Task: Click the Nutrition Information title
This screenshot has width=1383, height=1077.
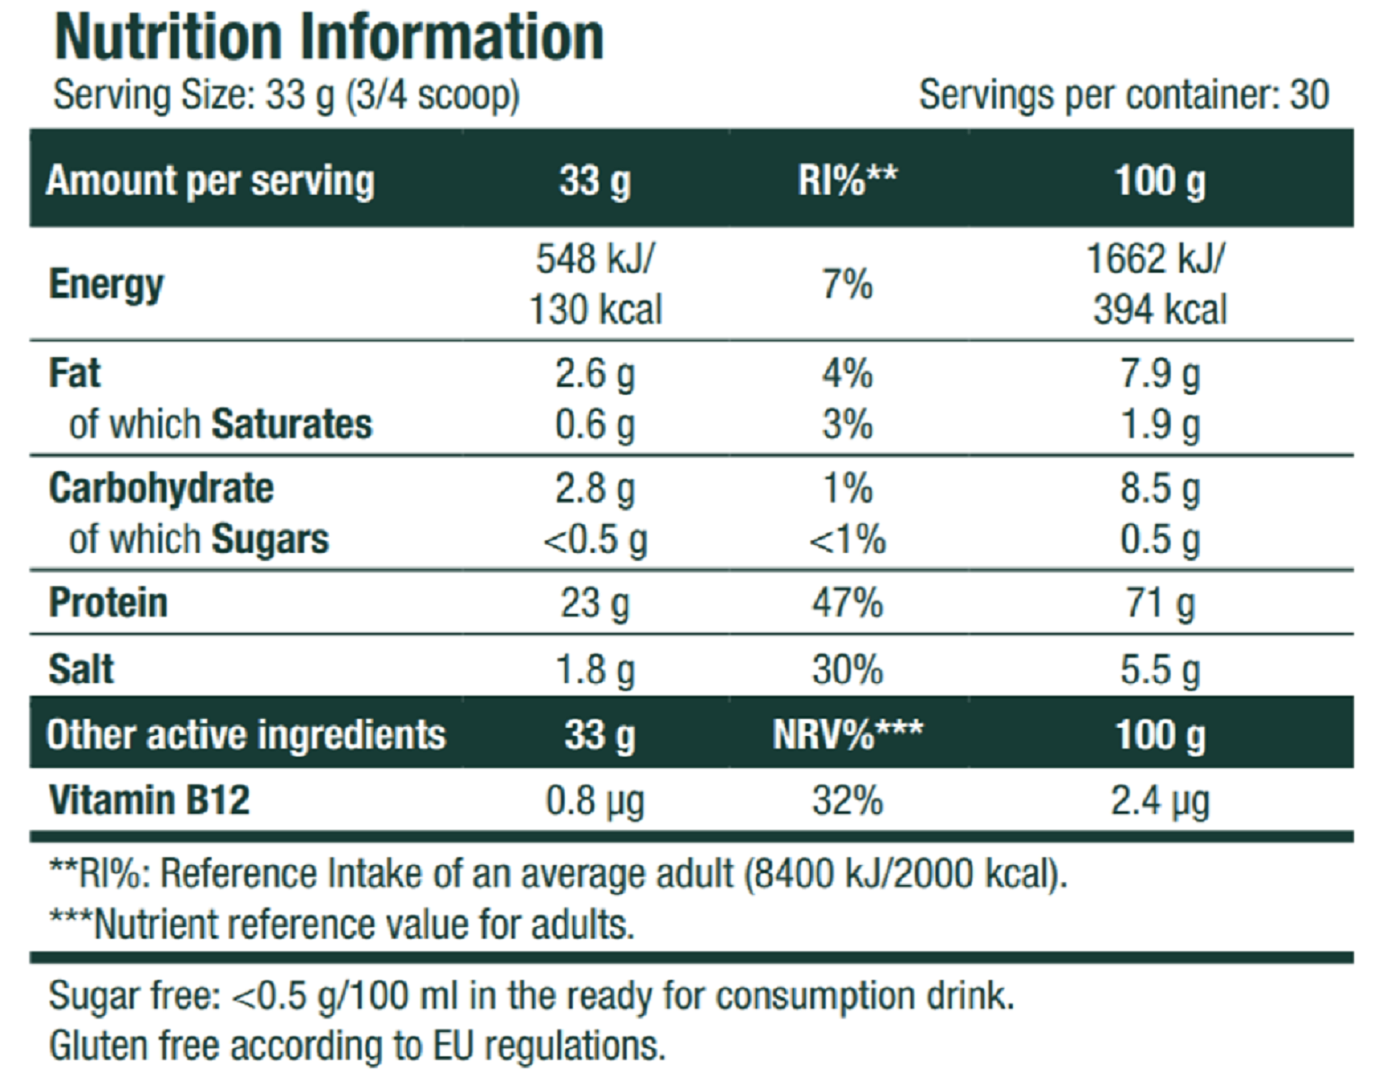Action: [x=329, y=38]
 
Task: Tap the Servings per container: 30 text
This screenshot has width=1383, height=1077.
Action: [x=1123, y=95]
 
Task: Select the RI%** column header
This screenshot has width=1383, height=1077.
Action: [x=847, y=180]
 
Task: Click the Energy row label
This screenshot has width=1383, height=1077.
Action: [x=106, y=285]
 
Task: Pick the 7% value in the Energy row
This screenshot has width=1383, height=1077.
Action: [x=847, y=285]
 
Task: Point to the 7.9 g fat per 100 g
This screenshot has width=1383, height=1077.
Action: [x=1159, y=374]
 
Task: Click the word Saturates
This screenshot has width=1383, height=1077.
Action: [x=292, y=425]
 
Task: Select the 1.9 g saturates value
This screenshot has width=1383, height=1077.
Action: [x=1159, y=425]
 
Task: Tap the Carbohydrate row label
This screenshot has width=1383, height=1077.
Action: [x=162, y=489]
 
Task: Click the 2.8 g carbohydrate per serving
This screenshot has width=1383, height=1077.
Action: [x=595, y=489]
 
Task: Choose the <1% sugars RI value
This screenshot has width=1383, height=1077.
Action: [x=847, y=540]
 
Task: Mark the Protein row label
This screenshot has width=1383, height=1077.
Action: [x=108, y=603]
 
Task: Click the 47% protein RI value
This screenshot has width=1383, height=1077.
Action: [x=847, y=603]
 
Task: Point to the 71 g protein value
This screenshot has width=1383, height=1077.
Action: [x=1159, y=603]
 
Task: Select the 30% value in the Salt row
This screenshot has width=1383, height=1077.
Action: [x=847, y=670]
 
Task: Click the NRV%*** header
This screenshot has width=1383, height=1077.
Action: [x=847, y=735]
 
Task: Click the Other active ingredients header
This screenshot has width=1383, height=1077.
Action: [x=246, y=735]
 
